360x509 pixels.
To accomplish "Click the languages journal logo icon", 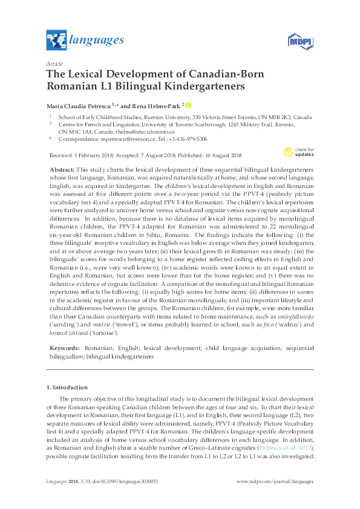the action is [56, 41].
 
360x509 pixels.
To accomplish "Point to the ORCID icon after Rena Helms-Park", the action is [188, 104].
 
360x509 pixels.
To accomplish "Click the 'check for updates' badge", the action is [298, 152].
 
